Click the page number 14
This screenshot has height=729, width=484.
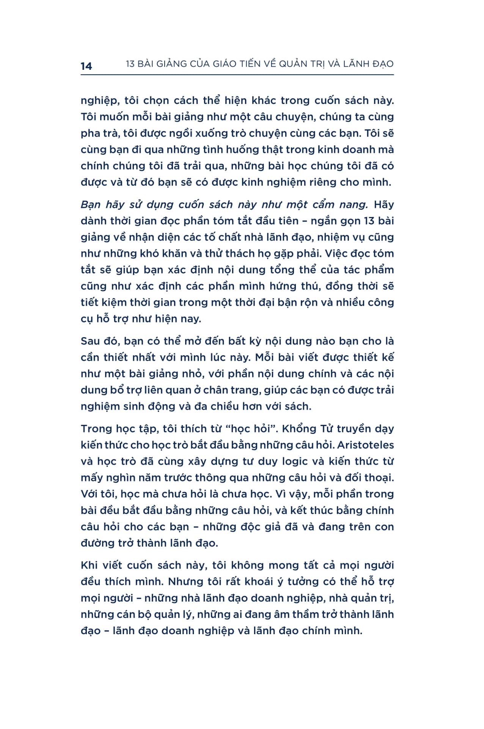click(x=86, y=66)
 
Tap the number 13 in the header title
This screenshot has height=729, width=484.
click(x=130, y=64)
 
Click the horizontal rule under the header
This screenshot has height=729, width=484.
click(x=237, y=75)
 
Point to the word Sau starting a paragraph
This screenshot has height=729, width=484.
click(x=90, y=341)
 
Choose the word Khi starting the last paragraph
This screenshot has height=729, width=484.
click(x=89, y=565)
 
